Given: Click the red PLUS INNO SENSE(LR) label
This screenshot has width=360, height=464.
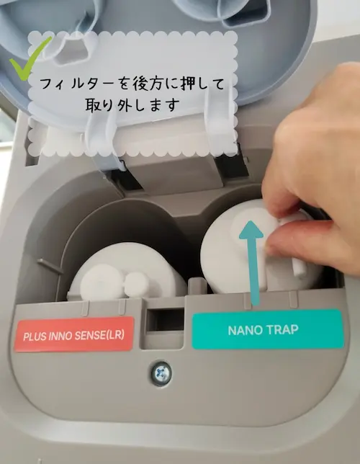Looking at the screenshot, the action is pos(74,334).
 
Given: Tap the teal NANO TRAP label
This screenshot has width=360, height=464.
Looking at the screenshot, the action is pos(268,329).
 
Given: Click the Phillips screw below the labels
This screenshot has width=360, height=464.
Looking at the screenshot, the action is pos(161,373).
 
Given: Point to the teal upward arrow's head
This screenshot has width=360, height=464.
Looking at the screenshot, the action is pos(251,230).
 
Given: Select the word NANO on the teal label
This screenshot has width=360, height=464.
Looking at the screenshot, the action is pos(242,330).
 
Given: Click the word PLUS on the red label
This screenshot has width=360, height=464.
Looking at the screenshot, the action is pos(32,337).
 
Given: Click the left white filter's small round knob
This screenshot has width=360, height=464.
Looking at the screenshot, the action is pos(136,285).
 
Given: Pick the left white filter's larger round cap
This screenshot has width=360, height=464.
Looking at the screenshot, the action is pos(102,282).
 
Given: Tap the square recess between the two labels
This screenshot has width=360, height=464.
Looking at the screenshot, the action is pos(165,320).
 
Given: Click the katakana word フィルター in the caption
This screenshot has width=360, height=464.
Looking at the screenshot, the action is pos(76,84).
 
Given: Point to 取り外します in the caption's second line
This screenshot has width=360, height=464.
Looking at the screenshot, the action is pos(132,105).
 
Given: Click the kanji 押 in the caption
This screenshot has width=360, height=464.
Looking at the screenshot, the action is pos(188,84).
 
